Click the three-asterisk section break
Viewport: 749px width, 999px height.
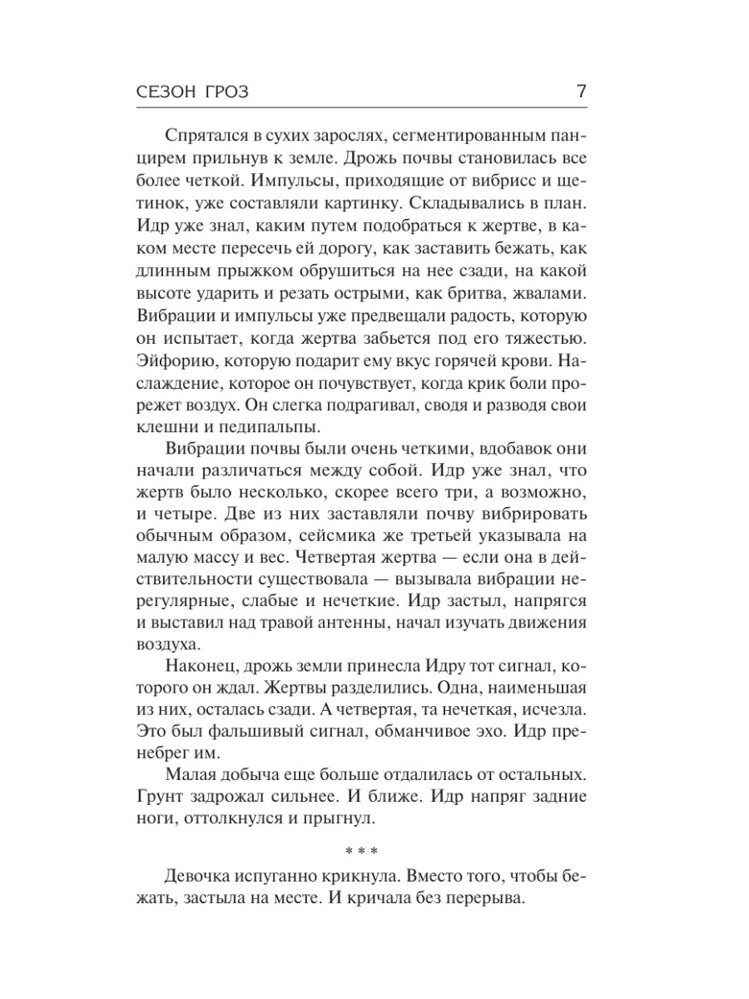tap(361, 852)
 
